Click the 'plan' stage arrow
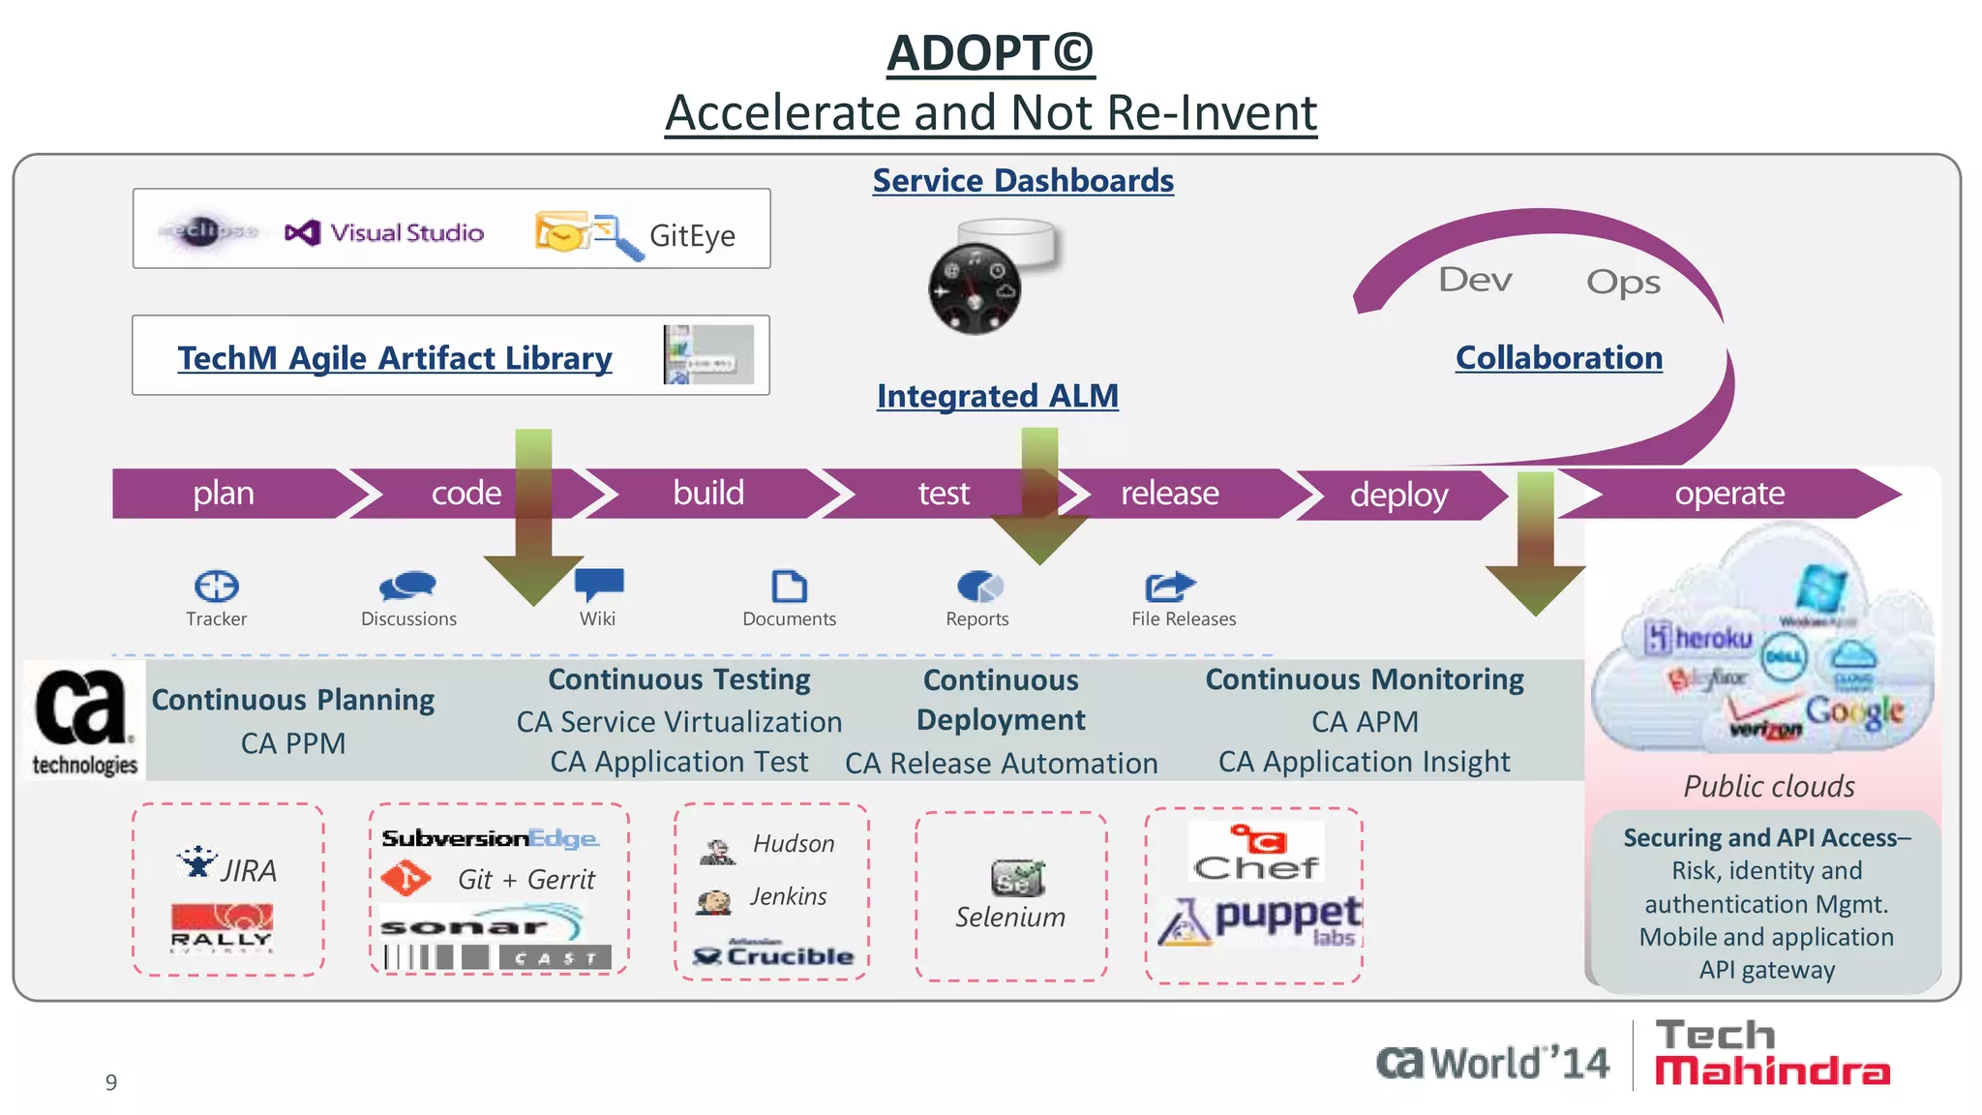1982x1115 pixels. tap(225, 494)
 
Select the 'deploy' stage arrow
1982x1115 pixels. tap(1398, 496)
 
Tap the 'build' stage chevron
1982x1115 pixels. tap(708, 494)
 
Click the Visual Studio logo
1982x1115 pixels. tap(384, 232)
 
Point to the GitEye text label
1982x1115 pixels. tap(692, 236)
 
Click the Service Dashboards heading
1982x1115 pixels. tap(1023, 181)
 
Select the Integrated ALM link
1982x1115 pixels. tap(997, 396)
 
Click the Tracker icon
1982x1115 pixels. tap(216, 586)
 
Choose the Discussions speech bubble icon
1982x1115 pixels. tap(407, 586)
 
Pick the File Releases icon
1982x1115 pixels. tap(1169, 586)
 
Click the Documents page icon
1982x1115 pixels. tap(789, 586)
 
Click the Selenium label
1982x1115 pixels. tap(1010, 917)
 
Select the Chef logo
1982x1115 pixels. tap(1256, 853)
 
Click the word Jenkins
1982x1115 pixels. tap(788, 897)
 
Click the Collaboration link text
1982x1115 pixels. tap(1558, 358)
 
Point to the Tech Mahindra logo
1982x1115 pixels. tap(1771, 1053)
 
